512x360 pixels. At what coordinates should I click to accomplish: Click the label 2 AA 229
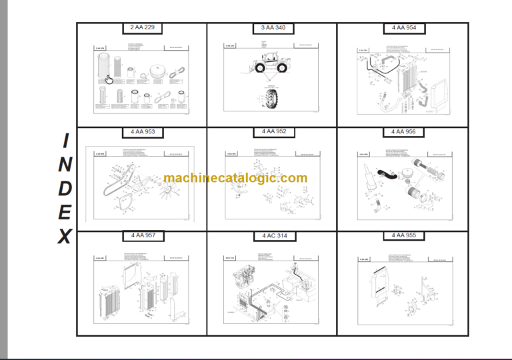coord(142,28)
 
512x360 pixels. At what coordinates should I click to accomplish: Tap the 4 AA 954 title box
coord(403,28)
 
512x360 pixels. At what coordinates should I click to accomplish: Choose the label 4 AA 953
coord(142,132)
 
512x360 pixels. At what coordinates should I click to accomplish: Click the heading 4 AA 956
coord(403,132)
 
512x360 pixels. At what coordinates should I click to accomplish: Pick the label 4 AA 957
coord(142,236)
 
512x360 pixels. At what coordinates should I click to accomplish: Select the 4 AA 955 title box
coord(403,236)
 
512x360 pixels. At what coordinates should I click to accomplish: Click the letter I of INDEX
coord(65,141)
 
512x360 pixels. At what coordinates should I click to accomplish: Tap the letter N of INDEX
coord(65,165)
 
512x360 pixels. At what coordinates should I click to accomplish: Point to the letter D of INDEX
coord(65,189)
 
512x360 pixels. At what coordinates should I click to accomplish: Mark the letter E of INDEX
coord(65,213)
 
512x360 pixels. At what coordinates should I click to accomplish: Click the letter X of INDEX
coord(65,237)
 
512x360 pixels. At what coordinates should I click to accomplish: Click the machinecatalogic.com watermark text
coord(235,178)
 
